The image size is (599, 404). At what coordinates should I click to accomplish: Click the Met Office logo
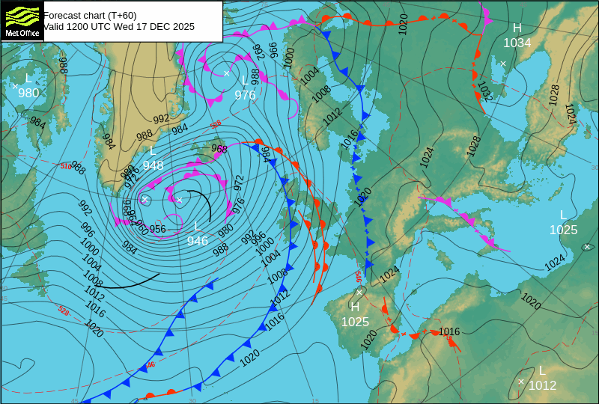tap(22, 21)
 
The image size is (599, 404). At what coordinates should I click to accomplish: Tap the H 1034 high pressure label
tap(517, 36)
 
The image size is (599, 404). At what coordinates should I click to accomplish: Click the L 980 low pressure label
tap(28, 86)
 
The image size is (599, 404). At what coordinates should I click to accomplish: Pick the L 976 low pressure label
tap(245, 88)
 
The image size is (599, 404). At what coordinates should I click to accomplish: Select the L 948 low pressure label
tap(153, 159)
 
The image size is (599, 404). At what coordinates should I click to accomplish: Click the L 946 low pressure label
tap(198, 233)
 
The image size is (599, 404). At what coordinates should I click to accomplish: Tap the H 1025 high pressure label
tap(355, 314)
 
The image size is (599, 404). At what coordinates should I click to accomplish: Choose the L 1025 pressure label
tap(563, 223)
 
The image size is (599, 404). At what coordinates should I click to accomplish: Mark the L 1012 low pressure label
tap(542, 379)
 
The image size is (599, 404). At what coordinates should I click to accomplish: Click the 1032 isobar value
tap(484, 92)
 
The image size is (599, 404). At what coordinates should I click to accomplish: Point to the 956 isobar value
tap(157, 229)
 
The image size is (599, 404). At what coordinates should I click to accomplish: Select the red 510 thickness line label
tap(66, 166)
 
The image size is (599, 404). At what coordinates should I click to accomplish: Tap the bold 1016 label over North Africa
tap(449, 331)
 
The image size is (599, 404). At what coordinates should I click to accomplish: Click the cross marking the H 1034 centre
tap(503, 64)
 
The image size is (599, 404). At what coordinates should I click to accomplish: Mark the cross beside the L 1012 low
tap(521, 382)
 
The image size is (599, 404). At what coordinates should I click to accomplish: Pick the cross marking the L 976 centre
tap(226, 73)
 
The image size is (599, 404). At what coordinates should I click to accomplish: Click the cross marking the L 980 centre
tap(15, 86)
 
